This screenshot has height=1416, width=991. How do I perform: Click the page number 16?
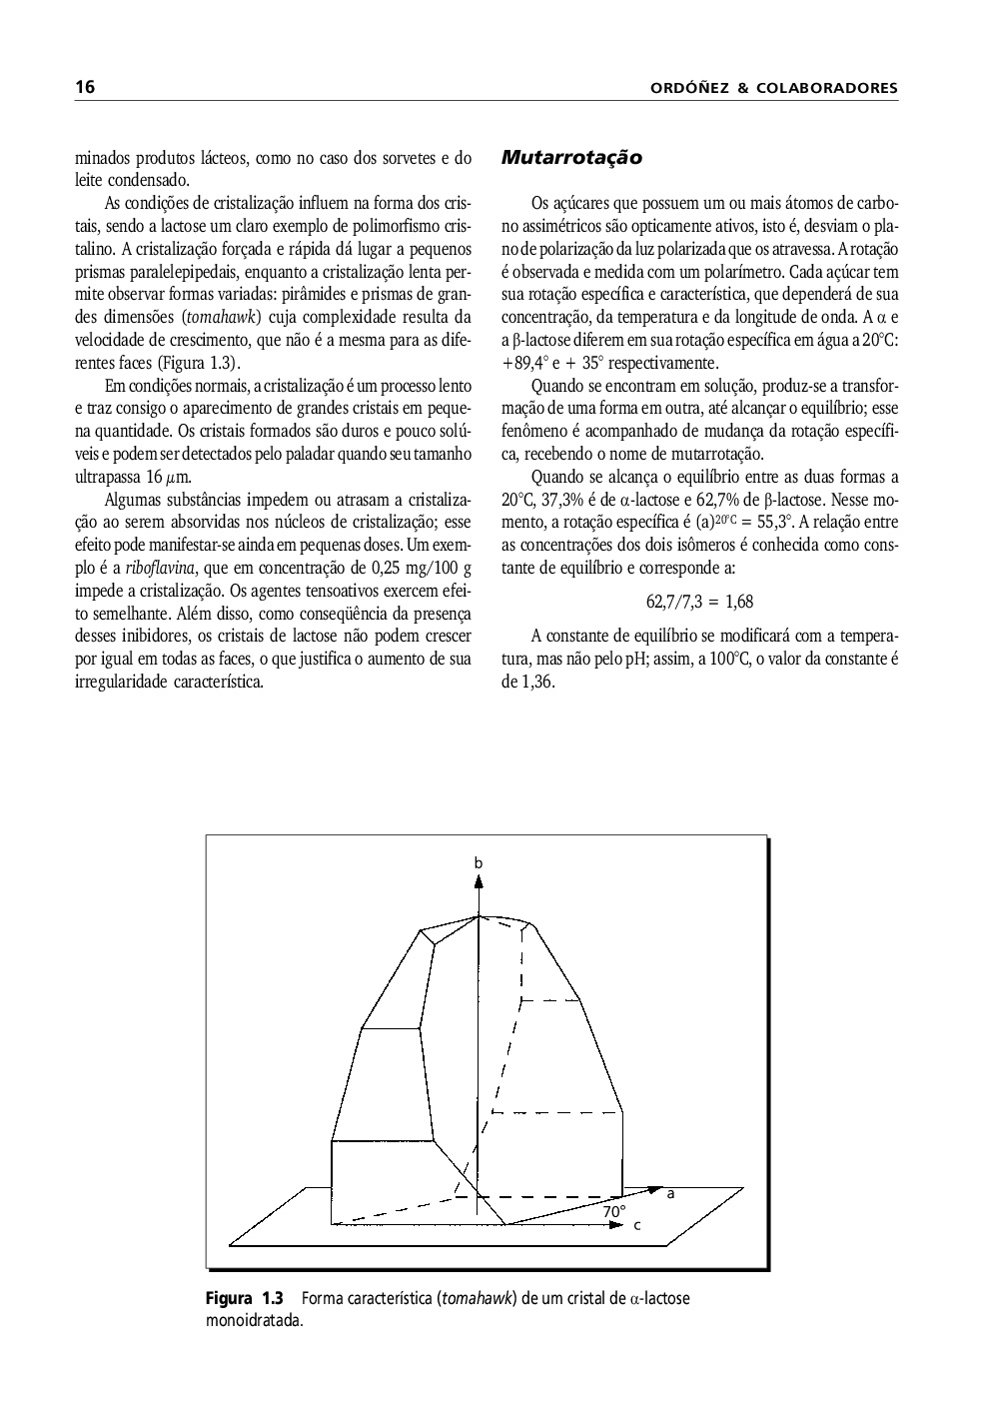85,88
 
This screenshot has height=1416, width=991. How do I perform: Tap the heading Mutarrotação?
570,158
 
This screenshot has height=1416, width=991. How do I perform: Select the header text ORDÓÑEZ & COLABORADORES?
773,89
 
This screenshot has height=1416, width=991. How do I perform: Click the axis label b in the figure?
479,861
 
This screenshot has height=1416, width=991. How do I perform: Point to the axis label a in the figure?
670,1193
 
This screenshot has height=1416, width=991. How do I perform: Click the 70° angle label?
614,1210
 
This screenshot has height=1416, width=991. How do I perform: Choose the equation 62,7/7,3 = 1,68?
699,601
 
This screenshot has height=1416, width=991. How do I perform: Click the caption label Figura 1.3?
245,1298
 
